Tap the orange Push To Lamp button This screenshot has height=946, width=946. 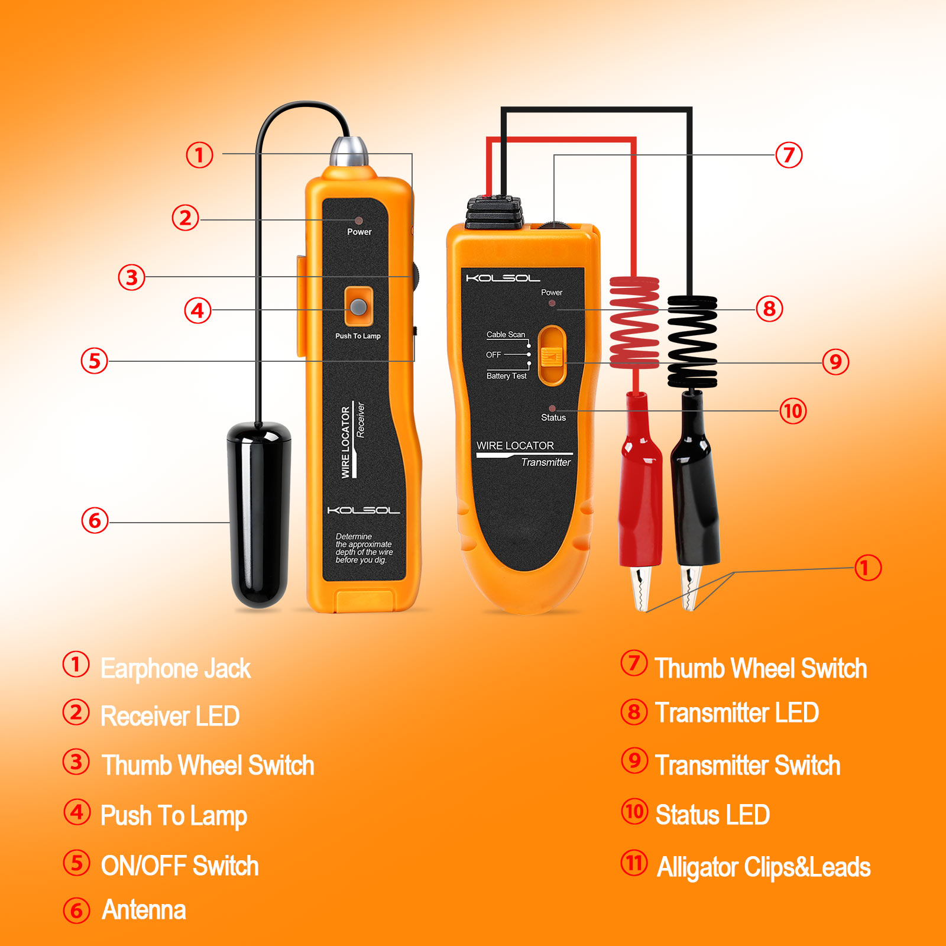pos(358,306)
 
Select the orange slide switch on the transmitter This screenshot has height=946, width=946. pos(553,355)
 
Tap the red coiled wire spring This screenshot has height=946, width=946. pos(634,322)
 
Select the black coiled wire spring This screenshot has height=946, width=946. pos(692,342)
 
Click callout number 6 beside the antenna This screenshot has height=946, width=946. pos(95,520)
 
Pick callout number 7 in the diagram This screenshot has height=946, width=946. pos(789,155)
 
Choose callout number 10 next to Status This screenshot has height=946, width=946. pos(793,410)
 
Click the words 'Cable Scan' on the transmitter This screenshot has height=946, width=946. pos(506,335)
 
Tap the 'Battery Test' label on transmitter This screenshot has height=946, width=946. pos(506,376)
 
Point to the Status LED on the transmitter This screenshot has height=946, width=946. pos(552,408)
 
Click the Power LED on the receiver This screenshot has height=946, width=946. pos(358,221)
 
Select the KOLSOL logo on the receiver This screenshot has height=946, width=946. pos(364,510)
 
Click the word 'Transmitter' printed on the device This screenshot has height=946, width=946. pos(546,462)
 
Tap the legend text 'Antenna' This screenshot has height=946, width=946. pos(144,910)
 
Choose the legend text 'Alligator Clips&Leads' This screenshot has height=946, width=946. pos(764,867)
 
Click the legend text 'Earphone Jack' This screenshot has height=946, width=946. pos(176,669)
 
